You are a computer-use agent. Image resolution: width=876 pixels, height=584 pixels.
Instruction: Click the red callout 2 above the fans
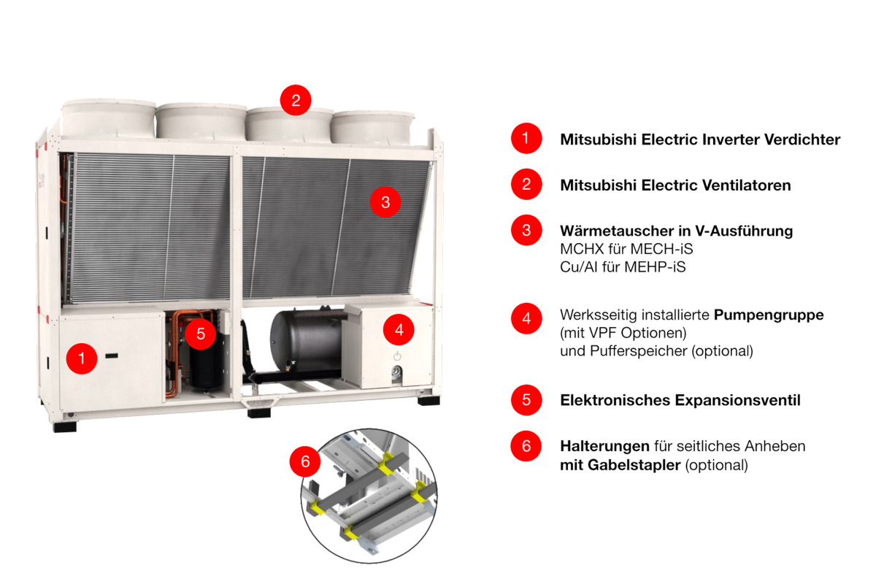[296, 100]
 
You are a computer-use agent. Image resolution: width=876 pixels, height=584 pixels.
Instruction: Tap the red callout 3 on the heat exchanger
[385, 201]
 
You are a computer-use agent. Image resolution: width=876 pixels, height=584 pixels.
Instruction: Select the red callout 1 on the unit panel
[82, 358]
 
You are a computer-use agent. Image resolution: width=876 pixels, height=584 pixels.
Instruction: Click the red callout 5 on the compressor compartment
[201, 334]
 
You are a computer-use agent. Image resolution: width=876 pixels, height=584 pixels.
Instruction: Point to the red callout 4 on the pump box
[399, 330]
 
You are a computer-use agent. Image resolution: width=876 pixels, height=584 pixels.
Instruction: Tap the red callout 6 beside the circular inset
[305, 461]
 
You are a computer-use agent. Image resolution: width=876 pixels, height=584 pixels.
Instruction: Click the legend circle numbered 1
[526, 138]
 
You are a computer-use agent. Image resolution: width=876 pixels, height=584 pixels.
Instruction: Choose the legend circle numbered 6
[526, 446]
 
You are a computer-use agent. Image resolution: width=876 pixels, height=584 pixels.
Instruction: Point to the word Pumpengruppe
[769, 315]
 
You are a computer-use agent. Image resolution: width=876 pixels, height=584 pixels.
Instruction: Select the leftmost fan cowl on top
[108, 119]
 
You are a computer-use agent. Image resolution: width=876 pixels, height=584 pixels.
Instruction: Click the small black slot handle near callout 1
[112, 356]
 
